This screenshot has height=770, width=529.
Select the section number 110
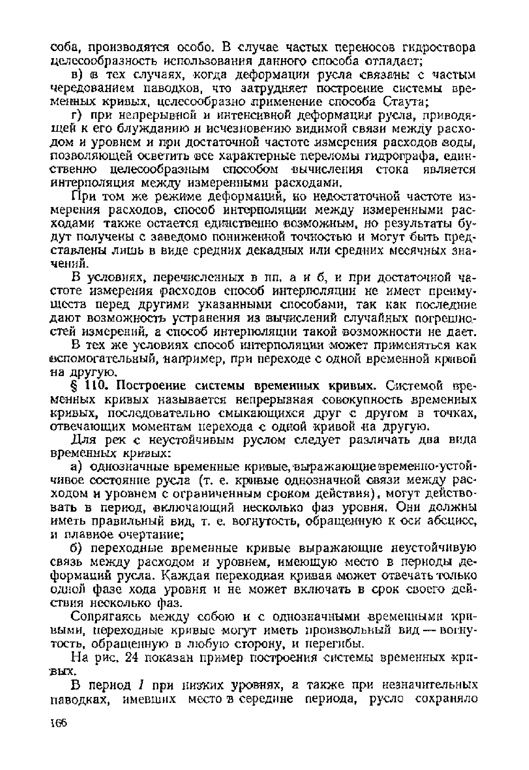(x=95, y=387)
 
